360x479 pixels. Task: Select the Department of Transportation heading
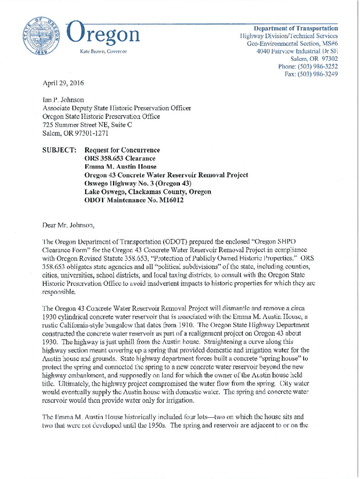click(296, 28)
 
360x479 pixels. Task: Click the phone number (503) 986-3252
click(308, 66)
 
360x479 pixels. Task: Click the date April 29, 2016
click(60, 82)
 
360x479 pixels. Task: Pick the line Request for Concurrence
click(122, 150)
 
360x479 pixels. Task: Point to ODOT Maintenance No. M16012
click(134, 201)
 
